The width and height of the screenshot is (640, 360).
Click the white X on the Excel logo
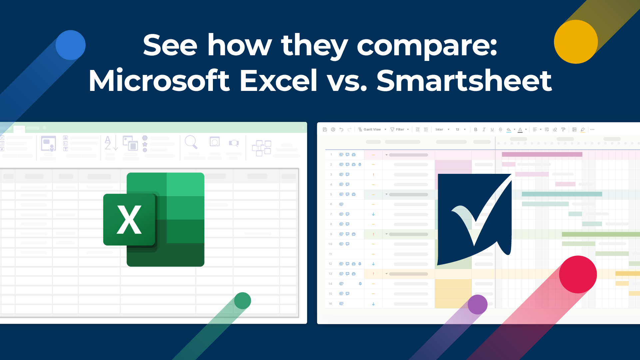pos(129,220)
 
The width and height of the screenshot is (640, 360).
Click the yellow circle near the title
pos(576,42)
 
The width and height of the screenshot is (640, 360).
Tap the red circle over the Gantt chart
pos(578,274)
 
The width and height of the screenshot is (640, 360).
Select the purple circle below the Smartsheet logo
pos(477,304)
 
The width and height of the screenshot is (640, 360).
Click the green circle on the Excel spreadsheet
pos(243,301)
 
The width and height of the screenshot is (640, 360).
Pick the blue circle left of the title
pos(71,45)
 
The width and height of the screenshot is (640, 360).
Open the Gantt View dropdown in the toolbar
pos(372,130)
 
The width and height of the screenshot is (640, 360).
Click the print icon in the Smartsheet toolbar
pos(333,130)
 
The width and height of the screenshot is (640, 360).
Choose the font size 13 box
pos(457,130)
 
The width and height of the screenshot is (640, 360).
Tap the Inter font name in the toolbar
pos(439,130)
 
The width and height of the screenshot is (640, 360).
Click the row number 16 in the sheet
pos(330,304)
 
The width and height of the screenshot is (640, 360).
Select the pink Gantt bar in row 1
pos(542,155)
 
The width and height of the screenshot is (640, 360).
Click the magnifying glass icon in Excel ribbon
pos(191,142)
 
